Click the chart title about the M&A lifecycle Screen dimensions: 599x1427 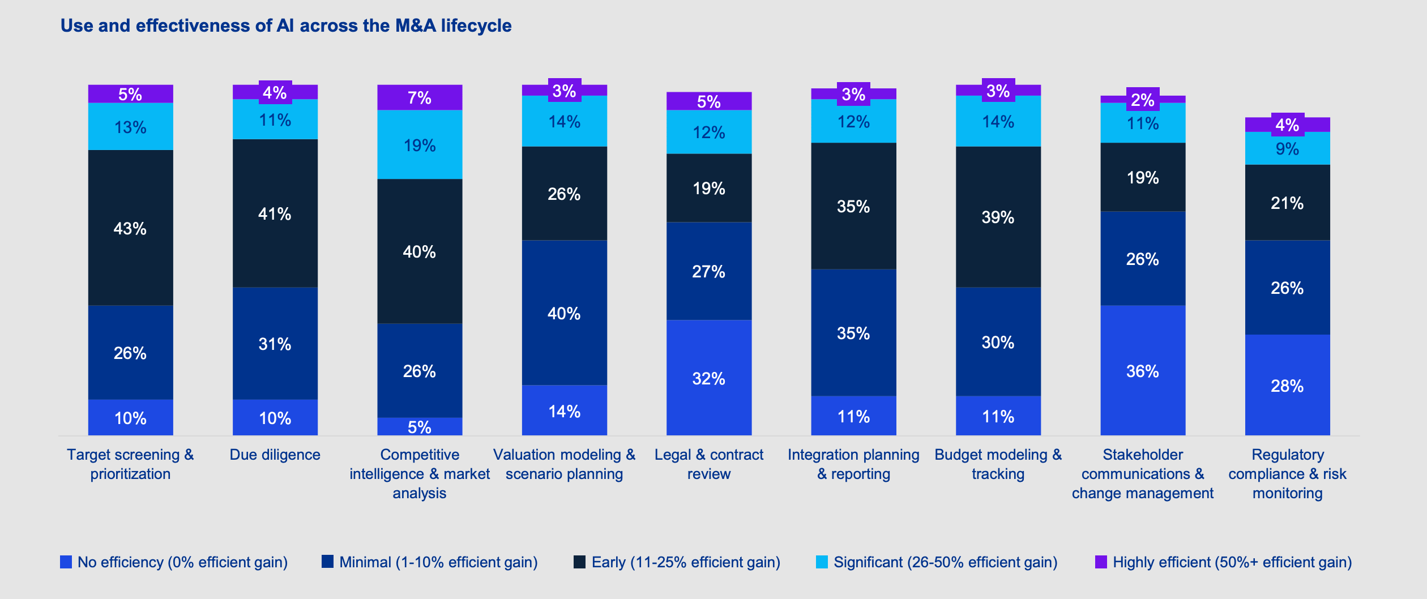[286, 26]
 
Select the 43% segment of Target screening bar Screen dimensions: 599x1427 [130, 228]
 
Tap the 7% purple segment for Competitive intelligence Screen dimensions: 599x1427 [420, 97]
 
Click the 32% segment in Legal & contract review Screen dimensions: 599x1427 [708, 378]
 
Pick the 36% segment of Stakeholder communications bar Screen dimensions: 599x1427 [1142, 371]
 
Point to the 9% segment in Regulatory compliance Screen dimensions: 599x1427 [1287, 149]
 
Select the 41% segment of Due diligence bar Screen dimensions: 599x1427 [275, 213]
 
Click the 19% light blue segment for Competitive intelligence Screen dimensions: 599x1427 [420, 146]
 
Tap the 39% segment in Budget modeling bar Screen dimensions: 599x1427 [998, 217]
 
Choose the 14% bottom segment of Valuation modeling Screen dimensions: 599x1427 [564, 411]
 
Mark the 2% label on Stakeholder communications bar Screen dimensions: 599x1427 [1142, 100]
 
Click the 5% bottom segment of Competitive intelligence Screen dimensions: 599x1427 [420, 427]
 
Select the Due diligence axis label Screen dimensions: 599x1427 [275, 455]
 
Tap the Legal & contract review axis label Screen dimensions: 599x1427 [708, 464]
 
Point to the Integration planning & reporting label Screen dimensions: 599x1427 [853, 464]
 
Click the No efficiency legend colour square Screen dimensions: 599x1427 [66, 562]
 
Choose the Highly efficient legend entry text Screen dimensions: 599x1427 [1232, 562]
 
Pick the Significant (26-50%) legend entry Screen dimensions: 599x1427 [945, 562]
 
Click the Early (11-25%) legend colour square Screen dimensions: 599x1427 [579, 562]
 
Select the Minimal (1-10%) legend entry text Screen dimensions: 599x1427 [438, 562]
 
